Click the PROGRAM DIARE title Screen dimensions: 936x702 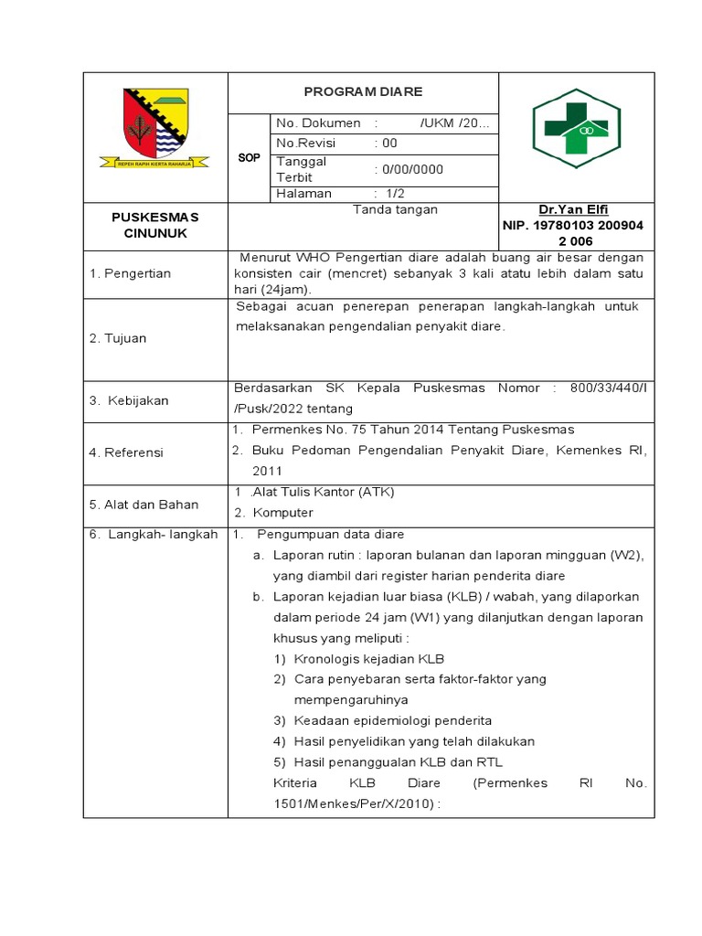tap(363, 92)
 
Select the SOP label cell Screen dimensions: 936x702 tap(249, 158)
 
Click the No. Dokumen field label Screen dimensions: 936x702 tap(318, 123)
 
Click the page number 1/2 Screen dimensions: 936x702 tap(394, 194)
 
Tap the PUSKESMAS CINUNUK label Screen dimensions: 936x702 tap(155, 225)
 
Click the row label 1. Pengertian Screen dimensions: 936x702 tap(130, 273)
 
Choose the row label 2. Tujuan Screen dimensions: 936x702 tap(118, 338)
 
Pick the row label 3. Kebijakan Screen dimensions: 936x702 tap(129, 400)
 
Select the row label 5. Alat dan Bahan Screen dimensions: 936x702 tap(140, 504)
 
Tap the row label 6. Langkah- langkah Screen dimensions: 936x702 tap(154, 535)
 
